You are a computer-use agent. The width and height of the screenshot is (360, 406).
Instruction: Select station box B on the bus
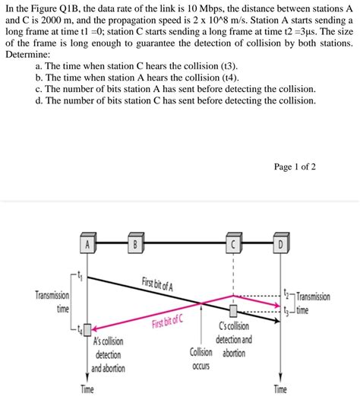(x=134, y=244)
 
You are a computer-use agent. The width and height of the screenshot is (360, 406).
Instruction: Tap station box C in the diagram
(x=235, y=244)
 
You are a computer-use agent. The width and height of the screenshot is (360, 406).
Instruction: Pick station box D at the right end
(x=280, y=244)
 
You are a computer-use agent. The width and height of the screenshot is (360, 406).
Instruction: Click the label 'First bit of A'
(x=157, y=284)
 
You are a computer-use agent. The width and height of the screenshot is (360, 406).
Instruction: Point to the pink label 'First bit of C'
(x=167, y=320)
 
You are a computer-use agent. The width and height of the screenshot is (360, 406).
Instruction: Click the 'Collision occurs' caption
(x=201, y=359)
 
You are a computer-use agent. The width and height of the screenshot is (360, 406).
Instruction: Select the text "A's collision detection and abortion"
(x=109, y=355)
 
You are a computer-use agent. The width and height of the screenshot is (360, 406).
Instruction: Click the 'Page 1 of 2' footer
(x=295, y=167)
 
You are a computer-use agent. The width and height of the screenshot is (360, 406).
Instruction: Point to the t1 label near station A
(x=81, y=275)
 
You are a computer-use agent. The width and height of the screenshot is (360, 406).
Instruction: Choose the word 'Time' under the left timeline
(x=87, y=390)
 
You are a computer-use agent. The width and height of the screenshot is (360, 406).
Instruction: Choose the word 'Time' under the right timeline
(x=280, y=390)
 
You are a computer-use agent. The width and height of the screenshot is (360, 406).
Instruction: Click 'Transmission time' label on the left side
(x=52, y=302)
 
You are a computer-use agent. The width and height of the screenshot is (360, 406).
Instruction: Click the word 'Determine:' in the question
(x=28, y=56)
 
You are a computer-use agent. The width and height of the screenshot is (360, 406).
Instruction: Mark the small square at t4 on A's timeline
(x=88, y=329)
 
